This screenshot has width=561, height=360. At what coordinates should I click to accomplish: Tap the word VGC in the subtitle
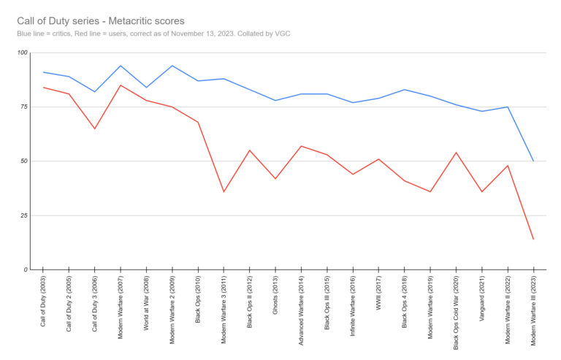282,34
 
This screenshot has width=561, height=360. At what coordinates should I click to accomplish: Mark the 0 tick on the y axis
23,269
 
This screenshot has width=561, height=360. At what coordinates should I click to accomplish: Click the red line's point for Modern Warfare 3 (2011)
224,191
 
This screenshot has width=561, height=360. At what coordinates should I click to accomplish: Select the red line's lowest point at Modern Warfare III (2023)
533,239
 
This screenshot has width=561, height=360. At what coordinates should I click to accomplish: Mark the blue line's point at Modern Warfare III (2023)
533,161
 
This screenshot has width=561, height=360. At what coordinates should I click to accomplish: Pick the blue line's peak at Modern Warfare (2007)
121,66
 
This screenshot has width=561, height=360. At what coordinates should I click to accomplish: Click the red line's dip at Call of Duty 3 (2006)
95,129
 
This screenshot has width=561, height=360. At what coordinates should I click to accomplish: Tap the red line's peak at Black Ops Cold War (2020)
456,153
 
